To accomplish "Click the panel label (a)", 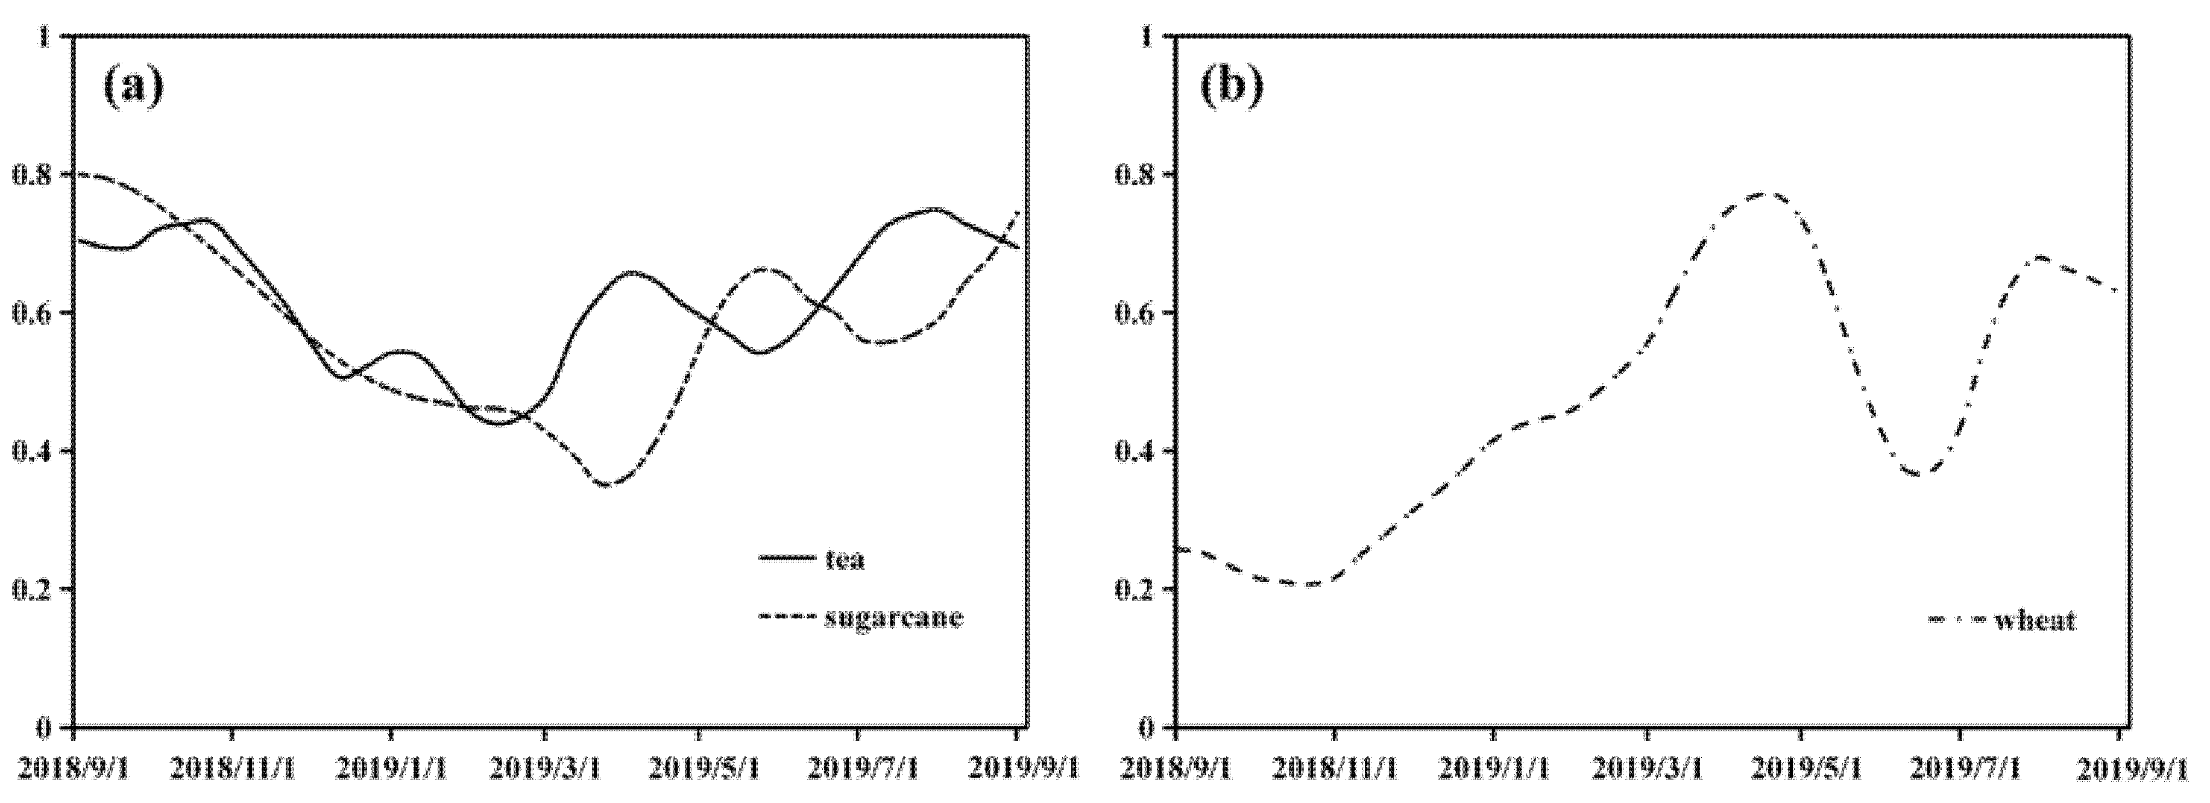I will pyautogui.click(x=133, y=87).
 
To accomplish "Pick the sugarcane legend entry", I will pyautogui.click(x=893, y=618).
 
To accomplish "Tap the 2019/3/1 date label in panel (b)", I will pyautogui.click(x=1647, y=768).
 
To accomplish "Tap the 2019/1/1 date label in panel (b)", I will pyautogui.click(x=1493, y=768).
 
